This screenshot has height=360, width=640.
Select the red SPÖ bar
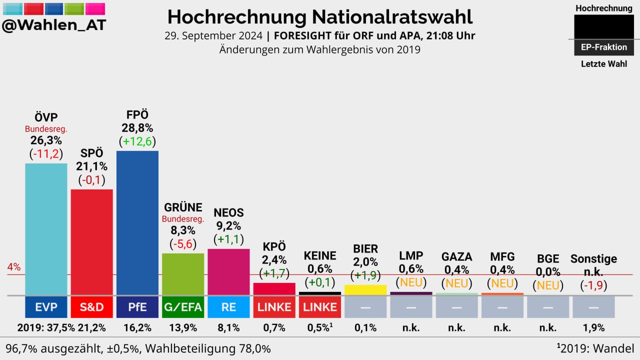pyautogui.click(x=91, y=242)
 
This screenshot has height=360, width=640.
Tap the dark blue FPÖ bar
pyautogui.click(x=137, y=223)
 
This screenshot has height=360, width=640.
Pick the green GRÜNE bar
pyautogui.click(x=183, y=274)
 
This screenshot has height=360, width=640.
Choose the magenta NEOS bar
pyautogui.click(x=228, y=272)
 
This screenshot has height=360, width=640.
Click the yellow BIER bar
pyautogui.click(x=365, y=290)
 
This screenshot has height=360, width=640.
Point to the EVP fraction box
pyautogui.click(x=46, y=307)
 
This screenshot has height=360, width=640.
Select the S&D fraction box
pyautogui.click(x=91, y=307)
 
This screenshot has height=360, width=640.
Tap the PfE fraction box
pyautogui.click(x=137, y=307)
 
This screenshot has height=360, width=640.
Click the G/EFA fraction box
pyautogui.click(x=183, y=307)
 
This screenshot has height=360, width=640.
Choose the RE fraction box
pyautogui.click(x=228, y=307)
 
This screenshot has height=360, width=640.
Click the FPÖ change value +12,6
pyautogui.click(x=137, y=142)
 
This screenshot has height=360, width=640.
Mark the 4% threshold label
pyautogui.click(x=14, y=267)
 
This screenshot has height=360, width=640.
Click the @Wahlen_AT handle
pyautogui.click(x=54, y=25)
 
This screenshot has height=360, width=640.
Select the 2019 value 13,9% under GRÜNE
pyautogui.click(x=183, y=328)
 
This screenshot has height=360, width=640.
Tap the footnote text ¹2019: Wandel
pyautogui.click(x=595, y=348)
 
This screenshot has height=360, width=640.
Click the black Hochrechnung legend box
pyautogui.click(x=603, y=27)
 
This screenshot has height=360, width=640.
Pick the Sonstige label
pyautogui.click(x=593, y=258)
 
